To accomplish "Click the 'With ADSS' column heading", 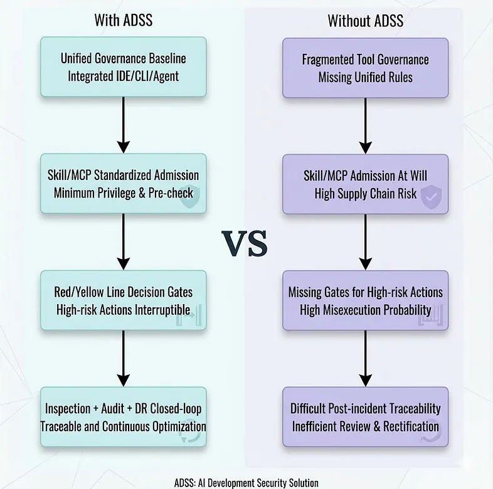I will (123, 20).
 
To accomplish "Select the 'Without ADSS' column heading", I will (365, 20).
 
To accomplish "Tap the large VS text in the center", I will (245, 243).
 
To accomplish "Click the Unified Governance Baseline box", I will (123, 68).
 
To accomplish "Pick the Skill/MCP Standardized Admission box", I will (123, 184).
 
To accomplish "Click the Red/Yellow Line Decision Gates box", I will (123, 300).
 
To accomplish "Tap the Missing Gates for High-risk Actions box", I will (365, 300).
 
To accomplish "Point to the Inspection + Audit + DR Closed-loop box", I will (123, 417).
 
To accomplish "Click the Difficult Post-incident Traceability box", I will (365, 417).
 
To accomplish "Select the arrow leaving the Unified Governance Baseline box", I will (123, 125).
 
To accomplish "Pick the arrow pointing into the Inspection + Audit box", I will (123, 359).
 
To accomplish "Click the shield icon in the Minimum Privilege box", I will (189, 196).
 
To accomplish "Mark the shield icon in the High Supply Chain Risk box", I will (430, 196).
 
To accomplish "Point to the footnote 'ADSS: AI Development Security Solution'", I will (246, 483).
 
